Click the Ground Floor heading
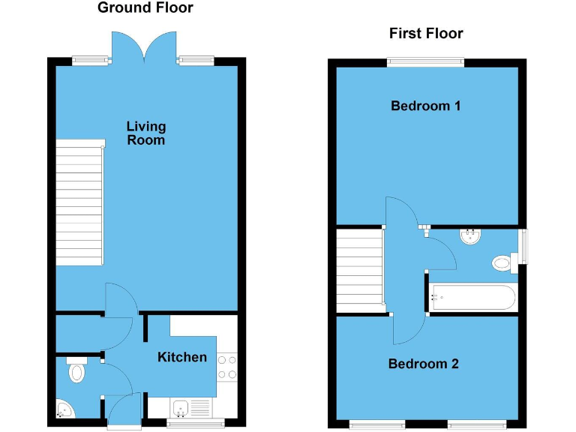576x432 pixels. coord(145,8)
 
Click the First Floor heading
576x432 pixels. coord(426,33)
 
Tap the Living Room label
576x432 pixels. coord(145,133)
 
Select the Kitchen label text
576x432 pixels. coord(181,357)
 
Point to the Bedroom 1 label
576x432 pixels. coord(426,106)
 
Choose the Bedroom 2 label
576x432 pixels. coord(423,364)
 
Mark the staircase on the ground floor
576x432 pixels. coord(79,202)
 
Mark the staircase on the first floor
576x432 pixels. coord(359,271)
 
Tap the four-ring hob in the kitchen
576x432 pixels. coord(227,367)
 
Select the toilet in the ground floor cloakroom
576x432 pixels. coord(76,371)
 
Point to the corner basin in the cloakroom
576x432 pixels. coord(64,409)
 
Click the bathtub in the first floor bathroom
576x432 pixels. coord(472,298)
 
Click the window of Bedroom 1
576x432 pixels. coord(426,62)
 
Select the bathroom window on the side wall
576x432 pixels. coord(523,246)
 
